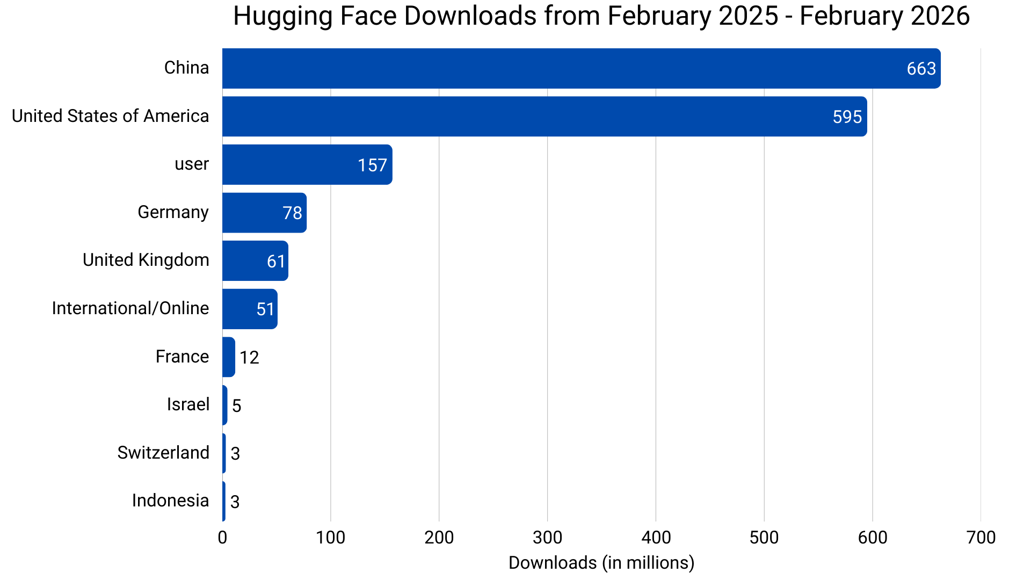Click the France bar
(x=228, y=357)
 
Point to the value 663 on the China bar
(x=921, y=69)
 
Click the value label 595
(x=847, y=117)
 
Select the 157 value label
(x=372, y=165)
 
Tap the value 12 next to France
(x=249, y=358)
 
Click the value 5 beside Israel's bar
(x=236, y=405)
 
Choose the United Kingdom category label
(x=146, y=260)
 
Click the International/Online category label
(x=130, y=308)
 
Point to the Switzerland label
(x=163, y=453)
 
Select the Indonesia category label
(x=170, y=501)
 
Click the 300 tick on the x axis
(x=547, y=537)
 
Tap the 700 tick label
(x=981, y=537)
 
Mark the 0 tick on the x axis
(x=222, y=537)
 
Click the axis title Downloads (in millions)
(x=601, y=563)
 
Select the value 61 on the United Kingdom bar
(x=276, y=262)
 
